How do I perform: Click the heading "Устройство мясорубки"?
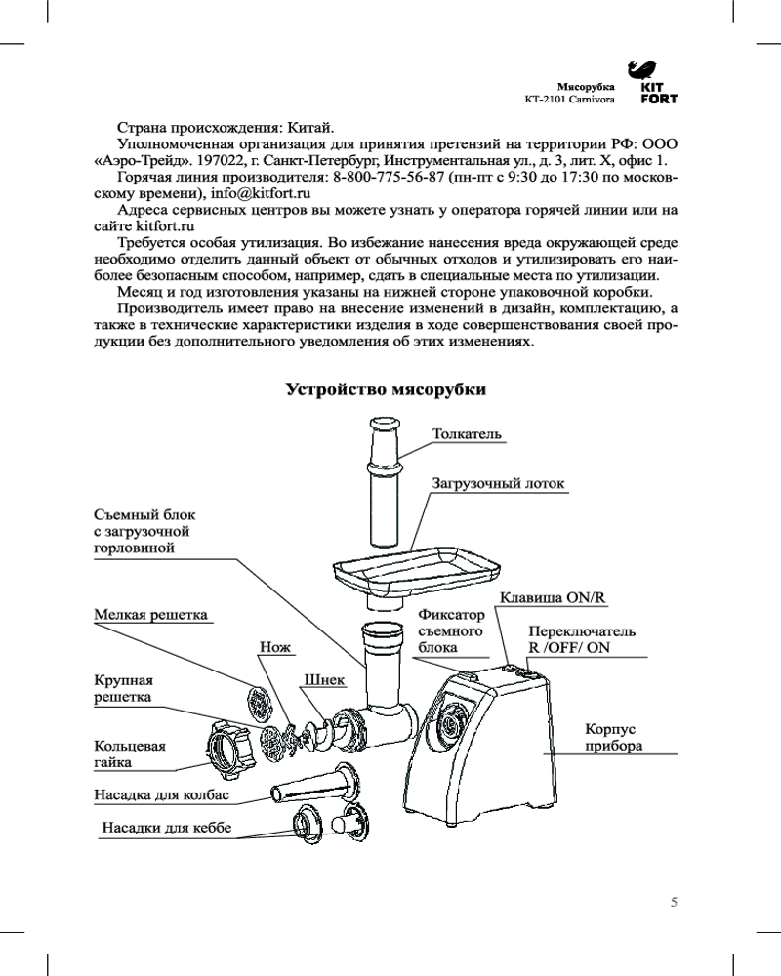click(386, 389)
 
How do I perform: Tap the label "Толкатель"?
click(467, 432)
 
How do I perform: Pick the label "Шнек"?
click(322, 679)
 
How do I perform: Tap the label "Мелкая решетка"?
click(151, 615)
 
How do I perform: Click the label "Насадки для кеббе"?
click(167, 829)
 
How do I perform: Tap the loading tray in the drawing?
click(415, 571)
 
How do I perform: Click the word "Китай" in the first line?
click(310, 127)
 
